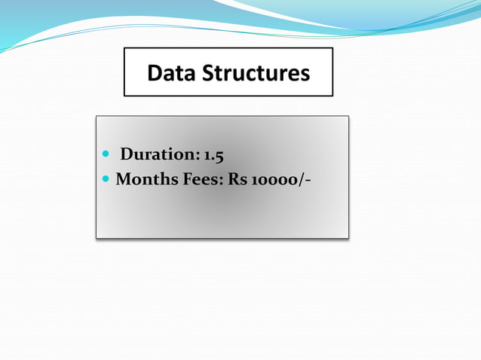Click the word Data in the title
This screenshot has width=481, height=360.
pyautogui.click(x=170, y=73)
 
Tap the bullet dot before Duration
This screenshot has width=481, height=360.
pyautogui.click(x=106, y=154)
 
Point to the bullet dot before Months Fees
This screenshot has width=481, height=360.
pyautogui.click(x=106, y=181)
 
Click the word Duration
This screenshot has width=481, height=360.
pyautogui.click(x=158, y=155)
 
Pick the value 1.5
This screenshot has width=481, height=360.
pyautogui.click(x=213, y=155)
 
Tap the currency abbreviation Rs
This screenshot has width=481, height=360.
pyautogui.click(x=237, y=182)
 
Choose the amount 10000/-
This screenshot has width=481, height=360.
pyautogui.click(x=280, y=182)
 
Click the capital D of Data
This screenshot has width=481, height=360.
pyautogui.click(x=155, y=73)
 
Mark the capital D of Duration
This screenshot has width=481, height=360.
pyautogui.click(x=127, y=155)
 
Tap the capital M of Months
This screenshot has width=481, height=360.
pyautogui.click(x=123, y=182)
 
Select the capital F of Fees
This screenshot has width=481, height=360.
pyautogui.click(x=187, y=182)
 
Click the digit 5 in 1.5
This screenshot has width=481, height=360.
pyautogui.click(x=219, y=156)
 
